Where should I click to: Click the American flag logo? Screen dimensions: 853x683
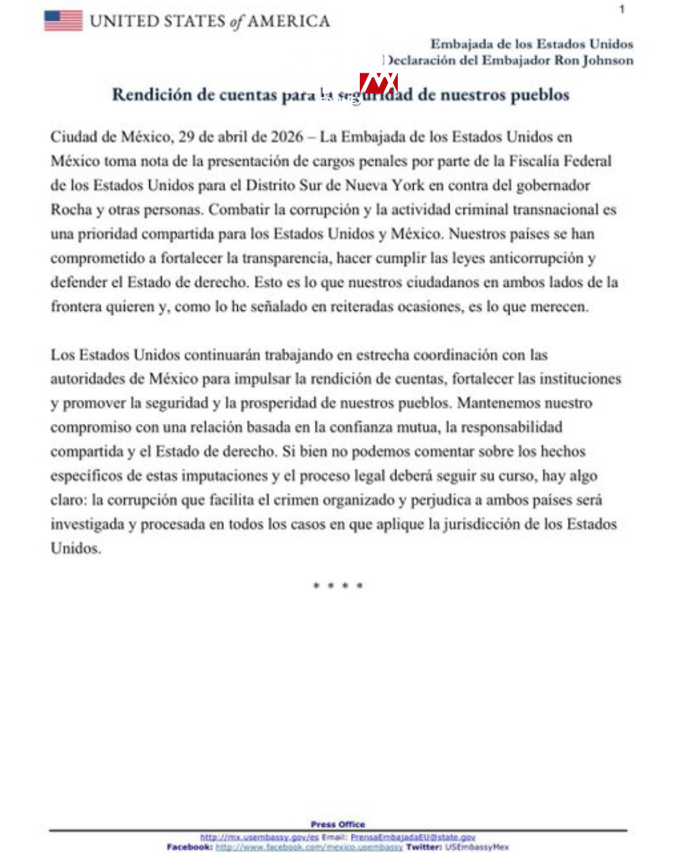pos(63,21)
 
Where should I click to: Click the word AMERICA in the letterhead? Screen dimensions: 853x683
pos(288,21)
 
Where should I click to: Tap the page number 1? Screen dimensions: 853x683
pos(622,9)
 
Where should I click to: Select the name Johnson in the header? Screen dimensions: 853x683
pos(608,61)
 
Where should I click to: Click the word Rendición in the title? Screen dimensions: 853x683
pos(152,95)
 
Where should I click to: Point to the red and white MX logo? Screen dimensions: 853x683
pos(378,83)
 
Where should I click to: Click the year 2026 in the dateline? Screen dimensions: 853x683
pos(286,137)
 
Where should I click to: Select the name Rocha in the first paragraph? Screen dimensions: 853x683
pos(71,210)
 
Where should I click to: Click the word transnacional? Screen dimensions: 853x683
pos(555,210)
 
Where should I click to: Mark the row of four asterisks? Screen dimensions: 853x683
pos(338,586)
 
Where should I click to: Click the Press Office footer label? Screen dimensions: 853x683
pos(338,824)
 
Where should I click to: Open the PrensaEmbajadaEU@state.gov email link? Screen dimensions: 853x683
pos(412,837)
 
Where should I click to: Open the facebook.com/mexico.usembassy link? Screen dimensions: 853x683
pos(309,847)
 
